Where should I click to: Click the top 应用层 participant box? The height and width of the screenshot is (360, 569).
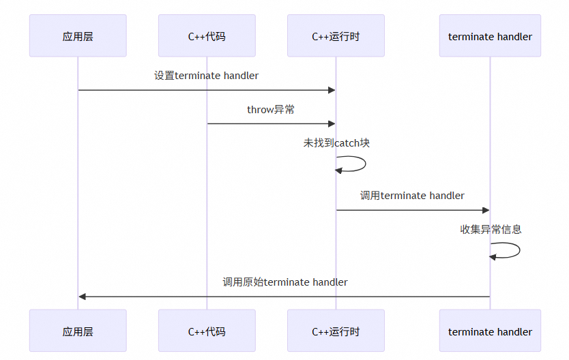(x=78, y=36)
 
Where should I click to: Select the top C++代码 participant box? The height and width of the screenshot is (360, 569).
(x=207, y=36)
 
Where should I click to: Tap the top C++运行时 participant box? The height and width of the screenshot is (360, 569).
(x=336, y=36)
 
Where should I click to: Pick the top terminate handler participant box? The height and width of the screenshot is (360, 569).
(x=490, y=36)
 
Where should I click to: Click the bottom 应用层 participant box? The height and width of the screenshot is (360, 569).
(x=78, y=331)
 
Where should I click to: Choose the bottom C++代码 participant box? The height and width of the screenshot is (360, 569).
(x=207, y=331)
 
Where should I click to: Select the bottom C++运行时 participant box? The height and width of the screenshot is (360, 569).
(x=336, y=331)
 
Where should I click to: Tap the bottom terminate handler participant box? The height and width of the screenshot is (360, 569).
(x=490, y=331)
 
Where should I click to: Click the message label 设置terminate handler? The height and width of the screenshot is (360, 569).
(x=206, y=76)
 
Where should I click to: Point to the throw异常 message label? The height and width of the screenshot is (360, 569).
(x=271, y=109)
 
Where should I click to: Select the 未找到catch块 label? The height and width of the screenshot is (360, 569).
(x=336, y=143)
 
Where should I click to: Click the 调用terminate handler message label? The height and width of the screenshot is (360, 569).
(x=412, y=196)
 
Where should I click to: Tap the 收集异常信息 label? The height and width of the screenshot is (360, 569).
(x=491, y=230)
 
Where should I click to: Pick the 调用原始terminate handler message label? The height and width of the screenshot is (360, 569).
(x=285, y=282)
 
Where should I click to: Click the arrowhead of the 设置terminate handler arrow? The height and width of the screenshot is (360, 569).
(x=332, y=90)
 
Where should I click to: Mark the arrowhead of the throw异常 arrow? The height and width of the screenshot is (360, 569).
(x=332, y=123)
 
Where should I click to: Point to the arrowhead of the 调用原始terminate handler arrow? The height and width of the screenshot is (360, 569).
(x=83, y=297)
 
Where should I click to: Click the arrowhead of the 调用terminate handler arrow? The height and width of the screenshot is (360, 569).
(x=486, y=210)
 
